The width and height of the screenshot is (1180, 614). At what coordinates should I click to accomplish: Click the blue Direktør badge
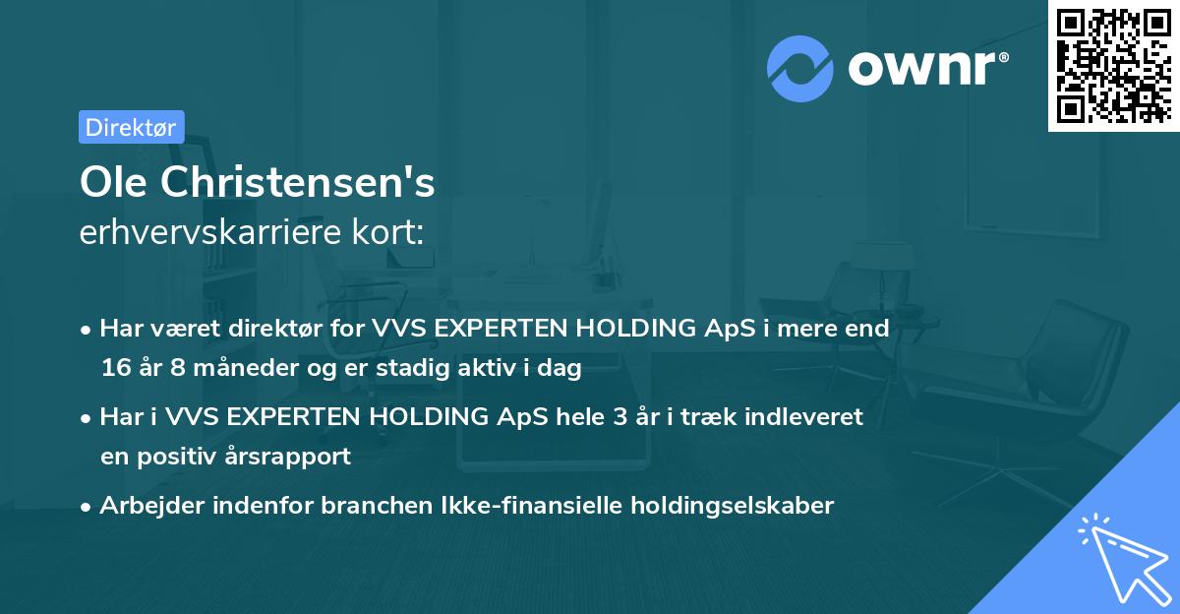pos(131,127)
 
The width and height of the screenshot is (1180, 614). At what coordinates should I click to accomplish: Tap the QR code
pos(1112,66)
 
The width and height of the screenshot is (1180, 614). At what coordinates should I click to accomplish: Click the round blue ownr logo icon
pos(800,69)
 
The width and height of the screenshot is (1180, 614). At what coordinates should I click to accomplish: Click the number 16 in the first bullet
pos(115,369)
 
